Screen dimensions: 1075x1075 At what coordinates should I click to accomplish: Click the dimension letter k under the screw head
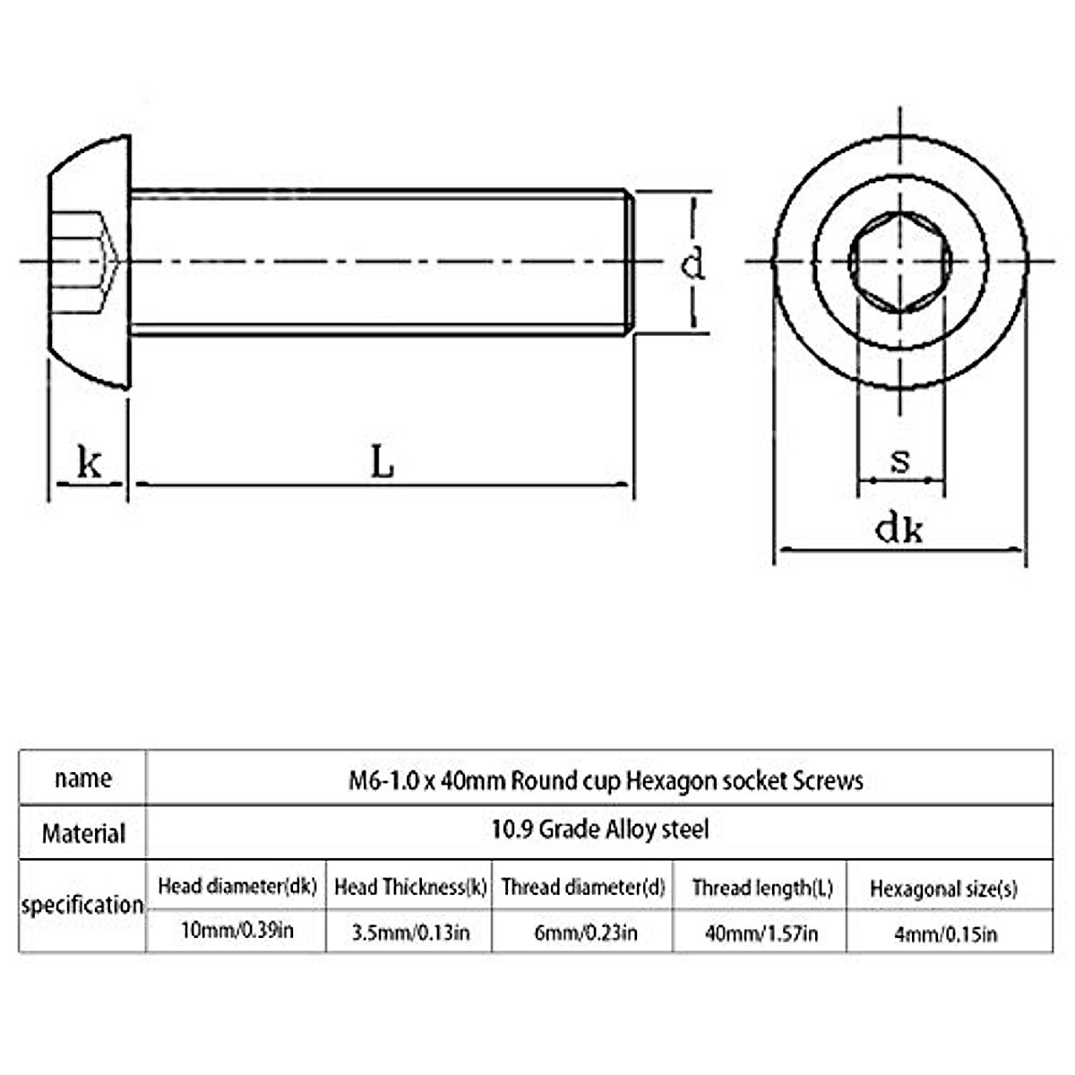pos(89,462)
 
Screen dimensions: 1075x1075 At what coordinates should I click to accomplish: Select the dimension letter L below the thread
pos(383,462)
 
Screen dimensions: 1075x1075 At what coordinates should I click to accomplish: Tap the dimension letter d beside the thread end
pos(692,264)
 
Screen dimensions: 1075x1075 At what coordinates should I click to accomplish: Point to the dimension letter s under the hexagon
pos(900,460)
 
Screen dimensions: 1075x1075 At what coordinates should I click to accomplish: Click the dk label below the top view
pos(899,529)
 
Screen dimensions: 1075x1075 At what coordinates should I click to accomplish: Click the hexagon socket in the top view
pos(899,262)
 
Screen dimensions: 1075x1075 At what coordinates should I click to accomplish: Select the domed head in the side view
pos(88,262)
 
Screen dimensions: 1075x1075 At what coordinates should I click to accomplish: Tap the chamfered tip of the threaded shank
pos(630,262)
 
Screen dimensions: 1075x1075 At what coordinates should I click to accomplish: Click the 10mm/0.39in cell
pos(236,931)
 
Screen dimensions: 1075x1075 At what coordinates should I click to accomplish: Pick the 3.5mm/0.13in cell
pos(410,933)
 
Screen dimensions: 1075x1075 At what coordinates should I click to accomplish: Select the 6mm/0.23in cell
pos(586,933)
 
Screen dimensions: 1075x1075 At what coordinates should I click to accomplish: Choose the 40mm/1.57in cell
pos(761,933)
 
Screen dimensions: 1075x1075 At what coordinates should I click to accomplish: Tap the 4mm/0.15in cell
pos(945,934)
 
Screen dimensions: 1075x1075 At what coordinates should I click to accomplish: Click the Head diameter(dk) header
pos(237,887)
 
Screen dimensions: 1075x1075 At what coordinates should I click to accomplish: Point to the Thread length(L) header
pos(762,888)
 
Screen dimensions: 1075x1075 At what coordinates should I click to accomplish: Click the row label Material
pos(83,834)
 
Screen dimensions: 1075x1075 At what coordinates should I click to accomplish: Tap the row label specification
pos(82,905)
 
